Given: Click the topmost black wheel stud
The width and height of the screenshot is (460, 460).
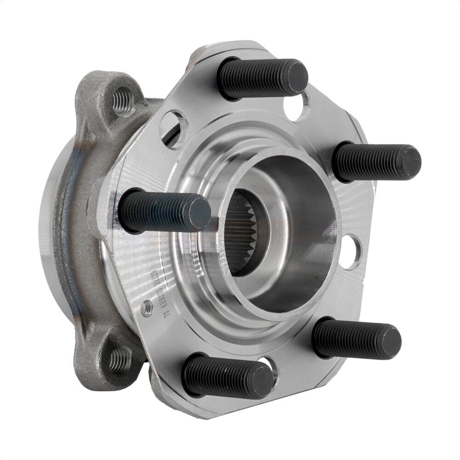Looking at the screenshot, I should [x=262, y=78].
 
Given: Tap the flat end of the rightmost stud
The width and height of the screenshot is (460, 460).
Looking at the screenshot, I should [x=409, y=161].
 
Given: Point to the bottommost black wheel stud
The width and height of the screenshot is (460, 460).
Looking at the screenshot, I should [x=228, y=376].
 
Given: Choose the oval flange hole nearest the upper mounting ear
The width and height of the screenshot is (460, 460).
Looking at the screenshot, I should [x=174, y=129].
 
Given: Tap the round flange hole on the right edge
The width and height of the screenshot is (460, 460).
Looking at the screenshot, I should [x=353, y=252].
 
